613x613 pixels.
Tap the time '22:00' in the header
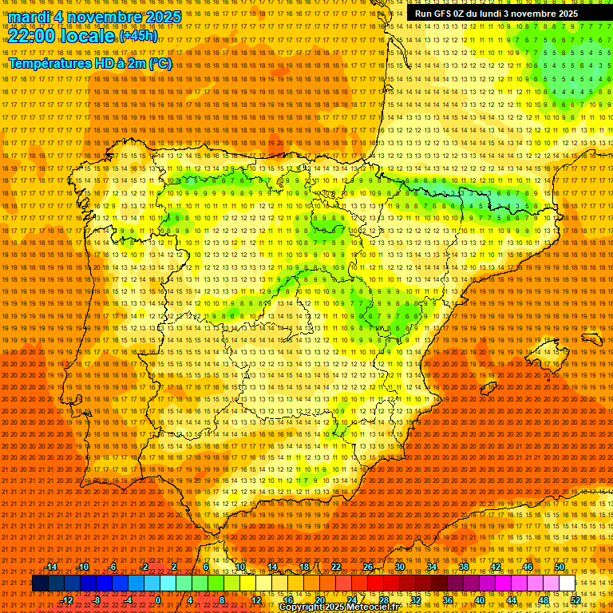point(32,35)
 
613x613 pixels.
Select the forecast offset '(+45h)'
point(139,36)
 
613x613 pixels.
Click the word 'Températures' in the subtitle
point(49,63)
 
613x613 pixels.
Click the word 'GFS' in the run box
point(444,14)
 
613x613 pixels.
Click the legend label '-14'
point(51,567)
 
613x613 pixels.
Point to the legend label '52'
point(575,600)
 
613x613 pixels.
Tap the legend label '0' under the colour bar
point(158,600)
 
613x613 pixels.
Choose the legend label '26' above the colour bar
point(368,567)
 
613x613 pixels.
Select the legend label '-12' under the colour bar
point(67,600)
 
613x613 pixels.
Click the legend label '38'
point(463,567)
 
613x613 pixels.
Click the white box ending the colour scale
point(567,583)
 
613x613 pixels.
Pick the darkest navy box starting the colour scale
point(40,583)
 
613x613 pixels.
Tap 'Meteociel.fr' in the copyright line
point(373,607)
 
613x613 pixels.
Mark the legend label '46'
point(528,567)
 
